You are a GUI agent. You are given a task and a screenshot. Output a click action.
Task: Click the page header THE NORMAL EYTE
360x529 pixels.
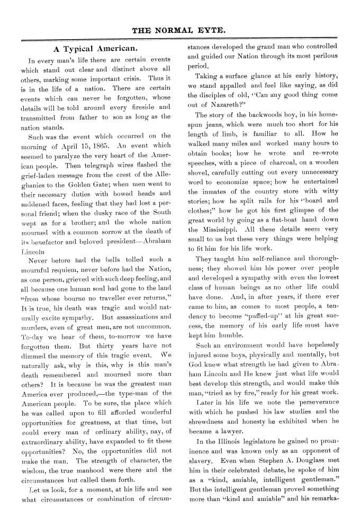[x=180, y=31]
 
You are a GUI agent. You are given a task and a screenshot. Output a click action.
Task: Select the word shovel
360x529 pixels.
[x=200, y=172]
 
